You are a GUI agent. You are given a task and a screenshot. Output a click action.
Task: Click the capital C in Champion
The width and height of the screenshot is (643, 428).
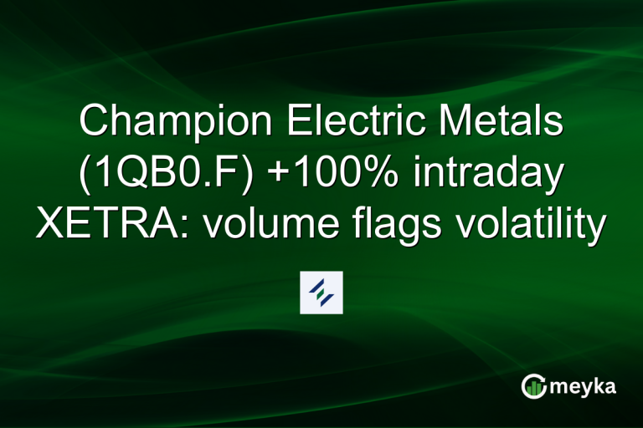[93, 125]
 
